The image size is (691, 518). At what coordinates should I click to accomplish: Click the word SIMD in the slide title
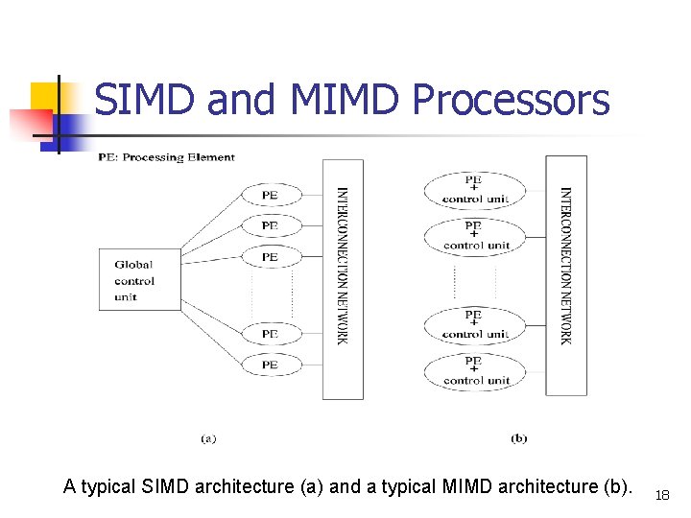[145, 100]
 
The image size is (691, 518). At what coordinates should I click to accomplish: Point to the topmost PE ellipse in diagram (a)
[270, 195]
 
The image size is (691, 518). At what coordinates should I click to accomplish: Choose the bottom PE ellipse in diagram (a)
[270, 365]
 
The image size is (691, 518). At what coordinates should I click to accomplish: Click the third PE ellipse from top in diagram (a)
[270, 257]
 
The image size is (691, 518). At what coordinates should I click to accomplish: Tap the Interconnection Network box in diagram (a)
[343, 278]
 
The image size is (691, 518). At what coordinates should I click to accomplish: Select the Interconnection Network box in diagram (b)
[566, 275]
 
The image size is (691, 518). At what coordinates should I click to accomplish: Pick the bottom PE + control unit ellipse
[475, 371]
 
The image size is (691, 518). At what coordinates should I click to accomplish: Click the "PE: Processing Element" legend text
[166, 157]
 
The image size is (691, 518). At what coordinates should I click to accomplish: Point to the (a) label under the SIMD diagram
[208, 438]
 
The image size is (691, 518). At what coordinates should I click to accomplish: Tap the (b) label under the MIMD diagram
[519, 438]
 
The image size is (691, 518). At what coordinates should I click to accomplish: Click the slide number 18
[662, 495]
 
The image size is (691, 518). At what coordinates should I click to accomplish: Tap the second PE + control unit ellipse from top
[475, 236]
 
